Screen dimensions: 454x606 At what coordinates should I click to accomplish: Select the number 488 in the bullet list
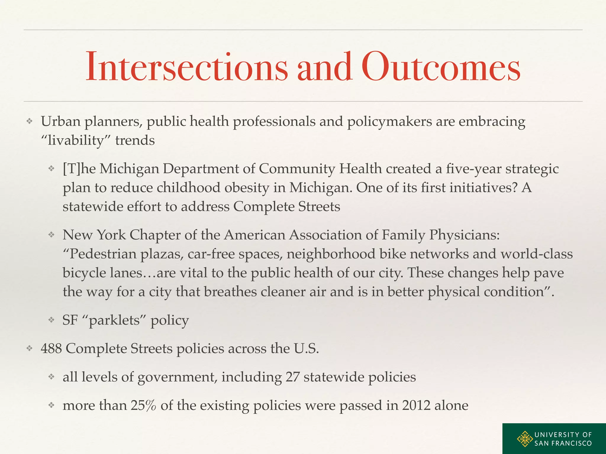point(51,348)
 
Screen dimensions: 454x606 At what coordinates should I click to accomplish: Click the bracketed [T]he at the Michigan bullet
point(79,169)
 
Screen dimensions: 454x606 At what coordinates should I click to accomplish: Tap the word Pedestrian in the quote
point(102,254)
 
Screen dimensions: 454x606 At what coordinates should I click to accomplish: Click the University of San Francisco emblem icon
point(525,439)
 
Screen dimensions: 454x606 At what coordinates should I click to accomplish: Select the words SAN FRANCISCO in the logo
point(563,443)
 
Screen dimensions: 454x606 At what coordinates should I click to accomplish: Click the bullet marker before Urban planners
point(29,121)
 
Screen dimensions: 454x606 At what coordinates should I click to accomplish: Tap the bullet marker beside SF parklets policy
point(51,320)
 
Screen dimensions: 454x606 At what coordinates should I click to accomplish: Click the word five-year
point(473,169)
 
